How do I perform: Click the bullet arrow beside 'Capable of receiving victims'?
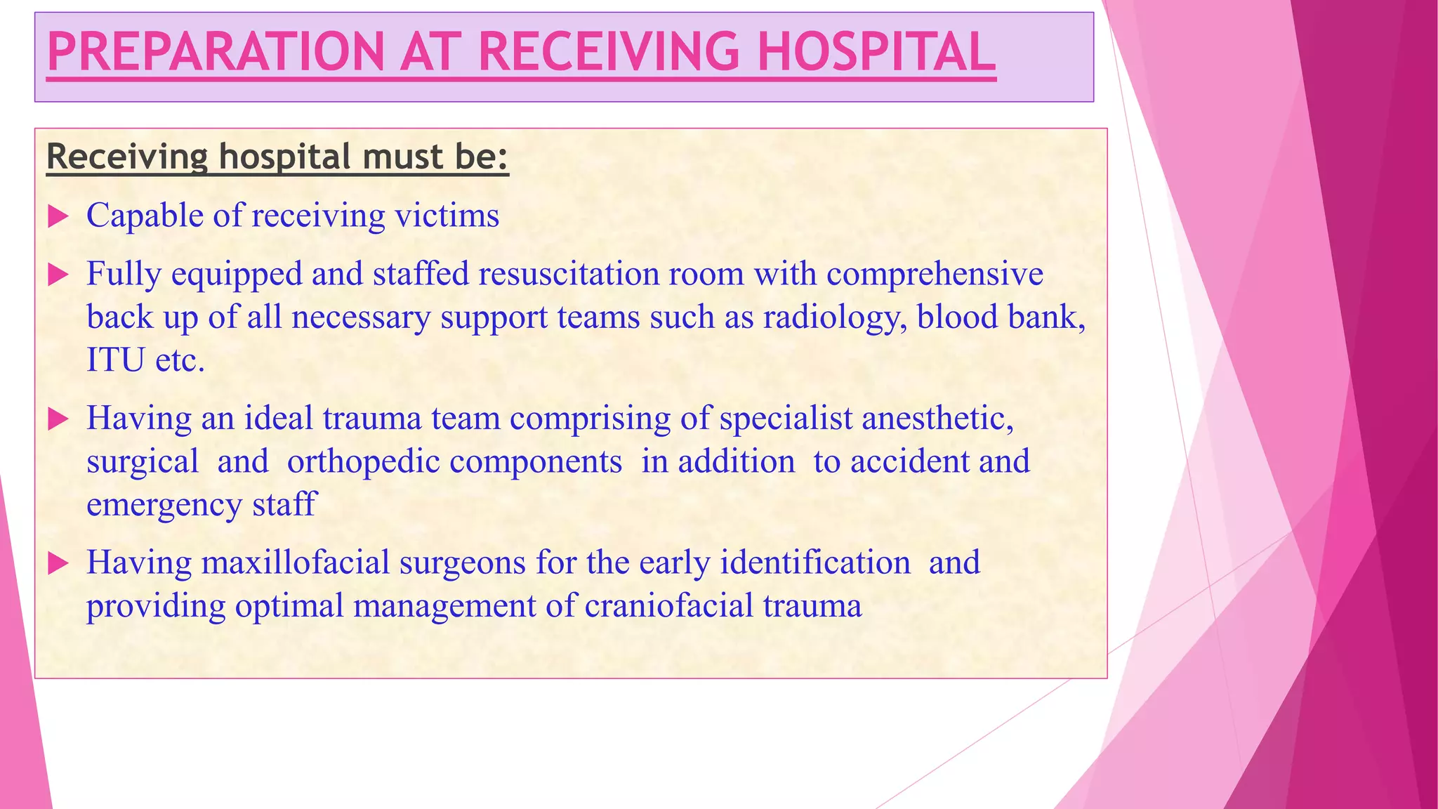click(58, 217)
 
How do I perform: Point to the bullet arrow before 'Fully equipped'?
click(58, 275)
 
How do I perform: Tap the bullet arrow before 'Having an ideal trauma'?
click(58, 420)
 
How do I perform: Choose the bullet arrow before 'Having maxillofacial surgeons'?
click(58, 564)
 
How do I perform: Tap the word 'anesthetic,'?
click(937, 419)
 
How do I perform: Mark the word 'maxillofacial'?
click(295, 563)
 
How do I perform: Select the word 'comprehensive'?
click(935, 274)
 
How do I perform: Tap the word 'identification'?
click(814, 563)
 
